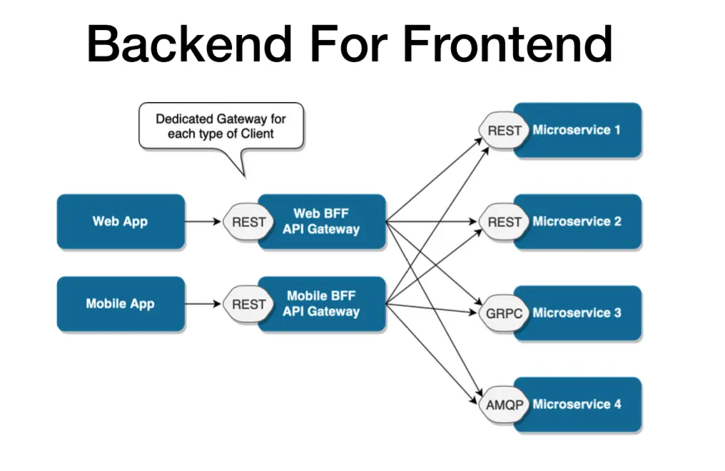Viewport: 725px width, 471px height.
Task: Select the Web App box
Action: (x=120, y=221)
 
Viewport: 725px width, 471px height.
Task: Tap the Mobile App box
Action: (x=120, y=304)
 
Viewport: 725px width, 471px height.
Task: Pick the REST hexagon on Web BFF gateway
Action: (x=248, y=222)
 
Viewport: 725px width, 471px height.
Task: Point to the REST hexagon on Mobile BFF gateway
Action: (x=248, y=305)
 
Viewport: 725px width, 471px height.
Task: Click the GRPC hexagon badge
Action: (x=504, y=313)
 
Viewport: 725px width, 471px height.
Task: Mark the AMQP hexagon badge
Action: (x=504, y=405)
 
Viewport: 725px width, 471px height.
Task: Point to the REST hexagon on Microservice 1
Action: (x=504, y=131)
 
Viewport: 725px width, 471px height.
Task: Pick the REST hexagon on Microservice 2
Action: (x=504, y=222)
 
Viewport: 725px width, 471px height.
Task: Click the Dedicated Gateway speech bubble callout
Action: (x=220, y=126)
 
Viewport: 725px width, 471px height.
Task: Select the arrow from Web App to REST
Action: (x=203, y=222)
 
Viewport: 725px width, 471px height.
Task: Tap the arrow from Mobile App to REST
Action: (x=203, y=305)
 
